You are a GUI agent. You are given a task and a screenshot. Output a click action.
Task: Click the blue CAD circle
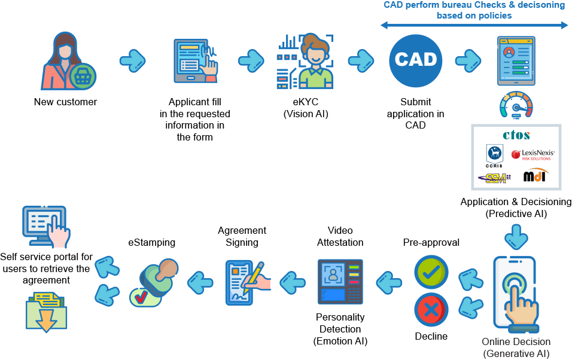click(x=416, y=60)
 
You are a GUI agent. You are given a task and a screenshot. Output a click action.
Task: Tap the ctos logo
click(x=516, y=136)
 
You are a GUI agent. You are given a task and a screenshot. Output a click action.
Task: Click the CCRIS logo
click(x=494, y=155)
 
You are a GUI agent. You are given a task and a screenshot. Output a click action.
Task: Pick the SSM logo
click(x=494, y=178)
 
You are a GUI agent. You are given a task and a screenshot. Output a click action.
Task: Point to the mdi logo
click(x=535, y=176)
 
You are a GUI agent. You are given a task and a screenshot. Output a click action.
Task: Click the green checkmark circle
click(x=431, y=273)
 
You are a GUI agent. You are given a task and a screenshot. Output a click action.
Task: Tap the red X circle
click(x=431, y=310)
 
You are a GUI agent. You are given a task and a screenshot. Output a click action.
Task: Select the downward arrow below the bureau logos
click(x=516, y=236)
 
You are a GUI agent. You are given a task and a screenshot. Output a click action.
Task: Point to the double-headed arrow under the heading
click(x=474, y=25)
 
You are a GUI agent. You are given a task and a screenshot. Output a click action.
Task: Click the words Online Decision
click(x=516, y=342)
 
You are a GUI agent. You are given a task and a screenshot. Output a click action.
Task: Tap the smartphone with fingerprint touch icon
click(x=516, y=294)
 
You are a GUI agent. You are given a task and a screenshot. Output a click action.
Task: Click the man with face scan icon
click(x=305, y=61)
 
